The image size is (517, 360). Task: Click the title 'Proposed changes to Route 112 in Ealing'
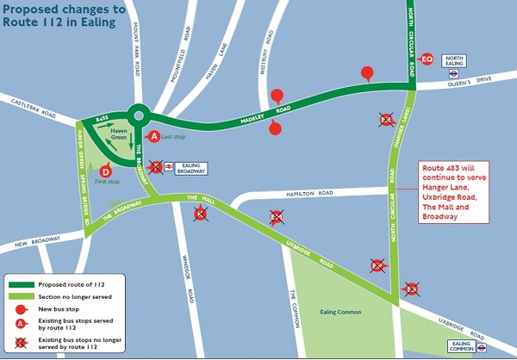coord(62,16)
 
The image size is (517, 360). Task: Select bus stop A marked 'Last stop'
coord(154,136)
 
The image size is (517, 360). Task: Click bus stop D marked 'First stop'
coord(104,171)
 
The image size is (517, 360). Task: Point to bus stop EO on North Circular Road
coord(427,59)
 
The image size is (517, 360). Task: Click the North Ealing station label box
coord(454,61)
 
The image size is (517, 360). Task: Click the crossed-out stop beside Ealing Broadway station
coord(155,167)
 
